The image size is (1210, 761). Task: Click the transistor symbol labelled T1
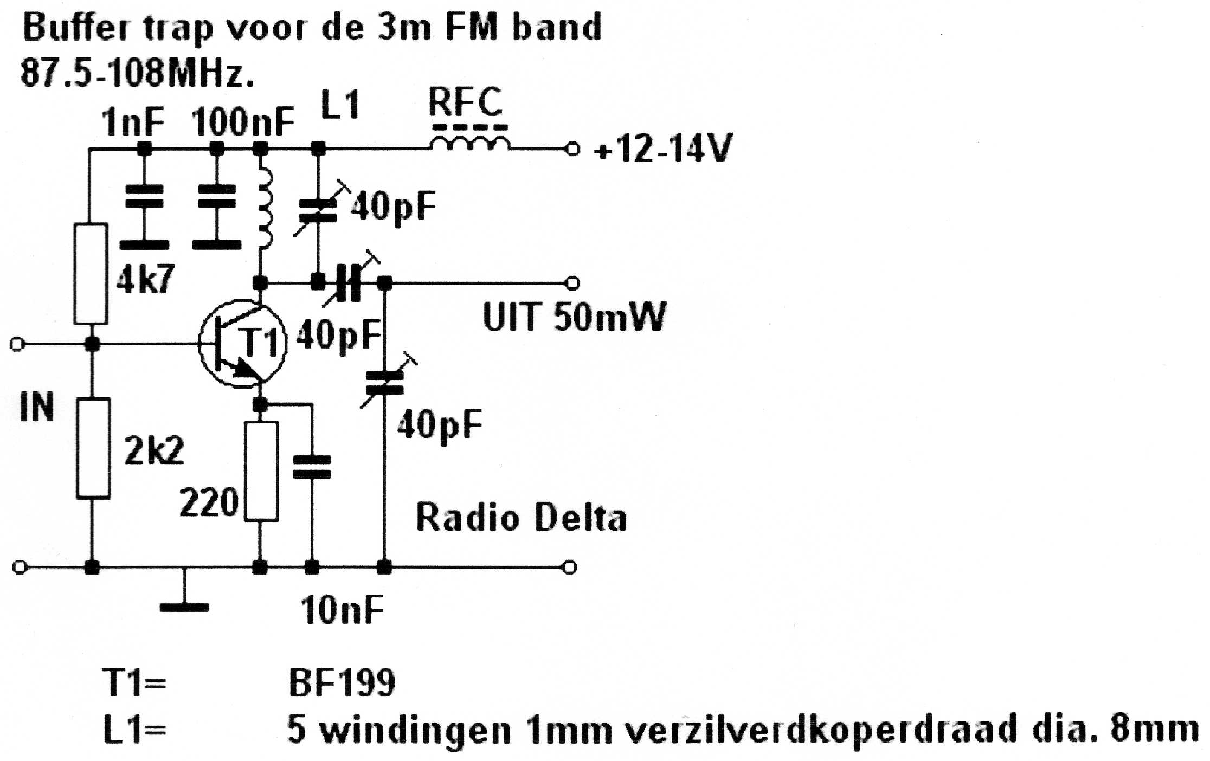coord(242,343)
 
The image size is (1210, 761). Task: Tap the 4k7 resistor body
coord(91,274)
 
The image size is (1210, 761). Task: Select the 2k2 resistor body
coord(93,448)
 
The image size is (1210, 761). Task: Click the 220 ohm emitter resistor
coord(261,471)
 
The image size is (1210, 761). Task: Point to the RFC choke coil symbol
coord(469,142)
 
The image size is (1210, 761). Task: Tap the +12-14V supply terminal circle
coord(572,149)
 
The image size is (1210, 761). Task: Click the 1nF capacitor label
coord(133,122)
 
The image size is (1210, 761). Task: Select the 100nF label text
coord(242,122)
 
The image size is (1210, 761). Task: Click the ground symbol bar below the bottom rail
coord(184,607)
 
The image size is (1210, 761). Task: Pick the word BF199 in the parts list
coord(342,683)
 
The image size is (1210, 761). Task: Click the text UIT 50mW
coord(574,317)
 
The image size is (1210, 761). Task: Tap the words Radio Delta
coord(521,518)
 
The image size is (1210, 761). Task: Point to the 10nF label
coord(342,610)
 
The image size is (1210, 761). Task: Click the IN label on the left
coord(37,408)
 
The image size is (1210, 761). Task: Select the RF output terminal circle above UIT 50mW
coord(572,283)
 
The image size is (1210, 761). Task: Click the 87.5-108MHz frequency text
coord(137,73)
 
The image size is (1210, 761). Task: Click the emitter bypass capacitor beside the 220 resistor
coord(312,467)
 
